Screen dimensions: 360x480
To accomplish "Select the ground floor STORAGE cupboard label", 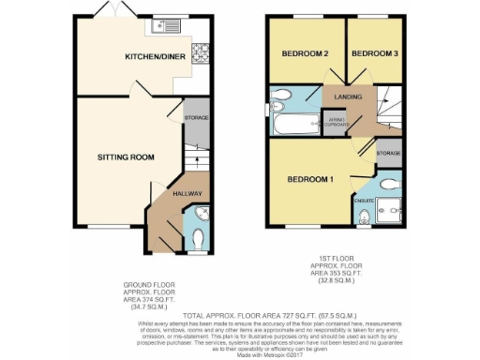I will click(x=195, y=117).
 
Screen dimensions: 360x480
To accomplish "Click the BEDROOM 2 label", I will click(x=306, y=53).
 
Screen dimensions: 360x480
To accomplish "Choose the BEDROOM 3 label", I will click(x=375, y=53).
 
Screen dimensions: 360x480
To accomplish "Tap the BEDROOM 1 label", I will click(x=310, y=179).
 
